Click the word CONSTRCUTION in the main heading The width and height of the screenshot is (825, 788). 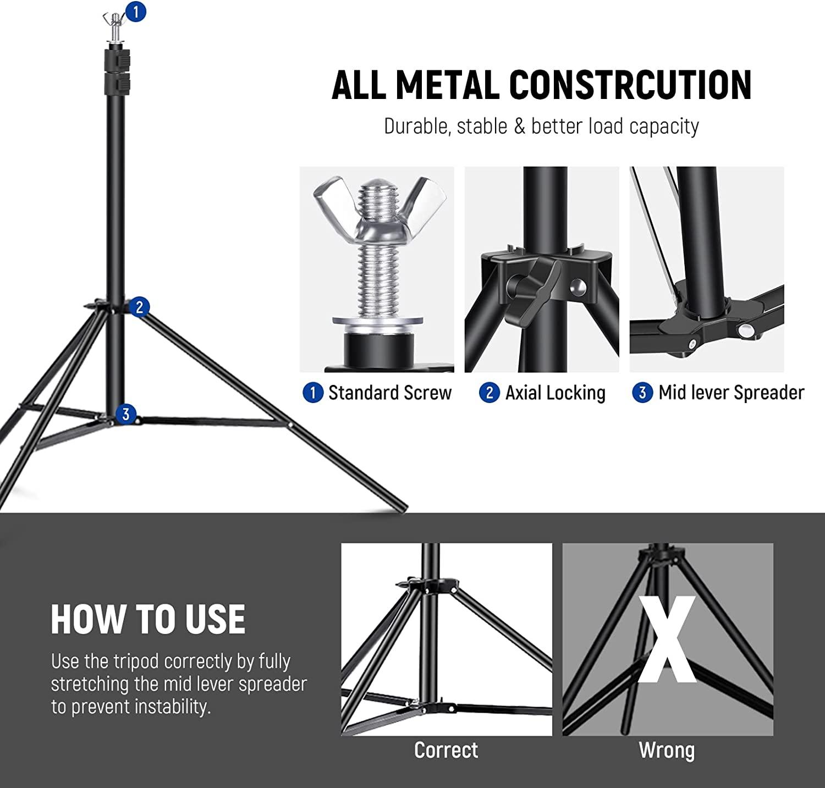(630, 85)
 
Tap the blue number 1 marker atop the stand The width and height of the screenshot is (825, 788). (136, 11)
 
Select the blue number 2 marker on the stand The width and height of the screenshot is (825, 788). (139, 306)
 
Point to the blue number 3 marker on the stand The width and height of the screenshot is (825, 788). (126, 414)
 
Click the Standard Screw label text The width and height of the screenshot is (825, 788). (389, 393)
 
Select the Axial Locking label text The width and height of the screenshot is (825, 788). (555, 393)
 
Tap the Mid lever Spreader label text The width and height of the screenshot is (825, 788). (731, 393)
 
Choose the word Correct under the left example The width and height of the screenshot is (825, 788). (446, 750)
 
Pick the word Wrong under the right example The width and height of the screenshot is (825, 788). (667, 750)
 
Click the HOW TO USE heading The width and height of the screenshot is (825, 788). (148, 620)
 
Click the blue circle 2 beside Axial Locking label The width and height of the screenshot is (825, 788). (489, 393)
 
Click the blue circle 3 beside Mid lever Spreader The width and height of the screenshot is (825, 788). (642, 393)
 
